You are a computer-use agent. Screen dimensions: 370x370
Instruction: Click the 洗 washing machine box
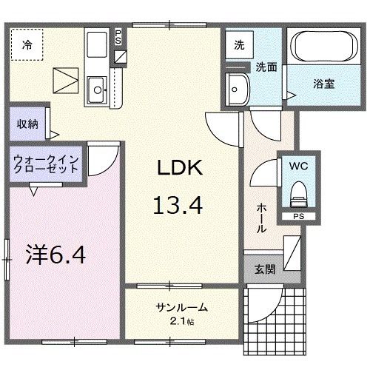[238, 44]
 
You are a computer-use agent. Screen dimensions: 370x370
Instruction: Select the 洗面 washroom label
[266, 67]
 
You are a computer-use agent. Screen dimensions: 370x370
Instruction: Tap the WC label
[299, 166]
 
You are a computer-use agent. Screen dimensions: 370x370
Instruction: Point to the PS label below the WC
[298, 216]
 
